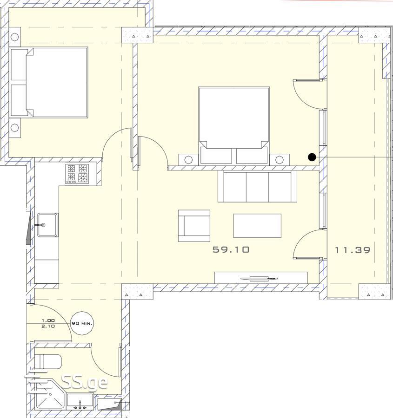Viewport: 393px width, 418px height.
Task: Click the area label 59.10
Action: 231,249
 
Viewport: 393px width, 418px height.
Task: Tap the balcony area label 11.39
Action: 353,250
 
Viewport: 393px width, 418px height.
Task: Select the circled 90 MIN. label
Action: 82,323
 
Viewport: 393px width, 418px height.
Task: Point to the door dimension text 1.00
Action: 48,320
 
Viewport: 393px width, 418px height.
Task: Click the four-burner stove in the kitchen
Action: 77,174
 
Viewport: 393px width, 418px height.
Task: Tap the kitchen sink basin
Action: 47,225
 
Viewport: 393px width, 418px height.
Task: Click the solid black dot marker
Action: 312,157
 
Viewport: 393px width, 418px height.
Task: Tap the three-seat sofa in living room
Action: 257,186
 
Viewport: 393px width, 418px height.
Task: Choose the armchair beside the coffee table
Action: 194,226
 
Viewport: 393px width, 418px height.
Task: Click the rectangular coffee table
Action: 257,226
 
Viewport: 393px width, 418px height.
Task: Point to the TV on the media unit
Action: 259,279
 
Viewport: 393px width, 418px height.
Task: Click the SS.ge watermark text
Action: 84,383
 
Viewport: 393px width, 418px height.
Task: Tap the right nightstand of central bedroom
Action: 279,160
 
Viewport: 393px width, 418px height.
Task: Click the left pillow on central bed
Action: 216,156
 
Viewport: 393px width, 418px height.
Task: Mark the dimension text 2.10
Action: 48,326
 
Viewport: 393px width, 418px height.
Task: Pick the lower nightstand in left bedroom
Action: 15,128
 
